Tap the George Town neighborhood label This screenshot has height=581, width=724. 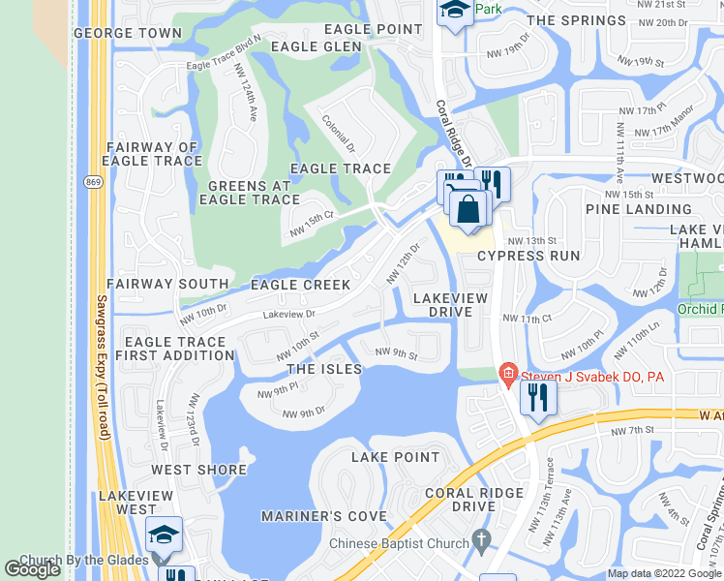[x=128, y=33]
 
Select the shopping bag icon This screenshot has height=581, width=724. [x=468, y=209]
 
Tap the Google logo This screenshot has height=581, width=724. [x=33, y=569]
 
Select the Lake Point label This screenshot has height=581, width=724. [x=395, y=457]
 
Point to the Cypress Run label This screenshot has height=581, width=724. [x=528, y=256]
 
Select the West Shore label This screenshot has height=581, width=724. [x=198, y=470]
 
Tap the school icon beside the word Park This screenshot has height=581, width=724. [x=453, y=12]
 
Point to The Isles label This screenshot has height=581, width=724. [x=324, y=369]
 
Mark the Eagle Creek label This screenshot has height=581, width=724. [x=300, y=285]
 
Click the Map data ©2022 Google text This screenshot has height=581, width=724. [x=663, y=573]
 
